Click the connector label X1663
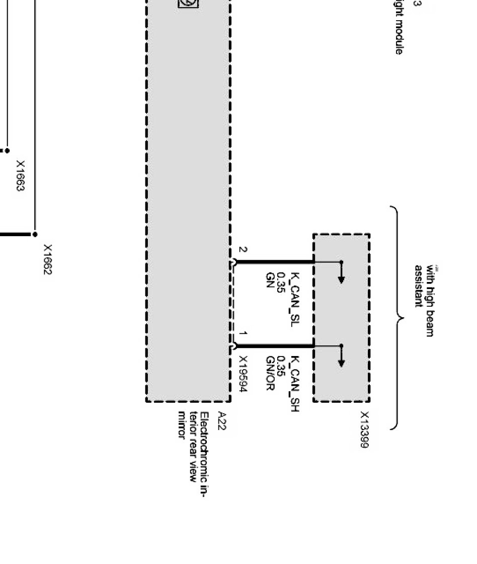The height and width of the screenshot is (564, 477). pyautogui.click(x=21, y=176)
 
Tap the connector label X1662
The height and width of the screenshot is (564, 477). pyautogui.click(x=48, y=260)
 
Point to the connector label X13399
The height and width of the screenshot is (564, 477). pyautogui.click(x=364, y=430)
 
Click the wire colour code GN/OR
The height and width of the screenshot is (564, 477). pyautogui.click(x=270, y=373)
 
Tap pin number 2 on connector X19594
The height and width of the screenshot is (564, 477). pyautogui.click(x=243, y=250)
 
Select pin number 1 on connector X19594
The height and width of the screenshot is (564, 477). pyautogui.click(x=243, y=334)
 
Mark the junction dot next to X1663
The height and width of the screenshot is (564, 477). pyautogui.click(x=8, y=151)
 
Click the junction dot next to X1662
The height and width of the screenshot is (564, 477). pyautogui.click(x=35, y=234)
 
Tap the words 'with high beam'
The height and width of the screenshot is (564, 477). pyautogui.click(x=430, y=301)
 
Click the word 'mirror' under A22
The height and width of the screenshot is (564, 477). pyautogui.click(x=182, y=425)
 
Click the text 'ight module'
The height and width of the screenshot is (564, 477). pyautogui.click(x=399, y=30)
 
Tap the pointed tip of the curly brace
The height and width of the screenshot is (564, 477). pyautogui.click(x=402, y=318)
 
